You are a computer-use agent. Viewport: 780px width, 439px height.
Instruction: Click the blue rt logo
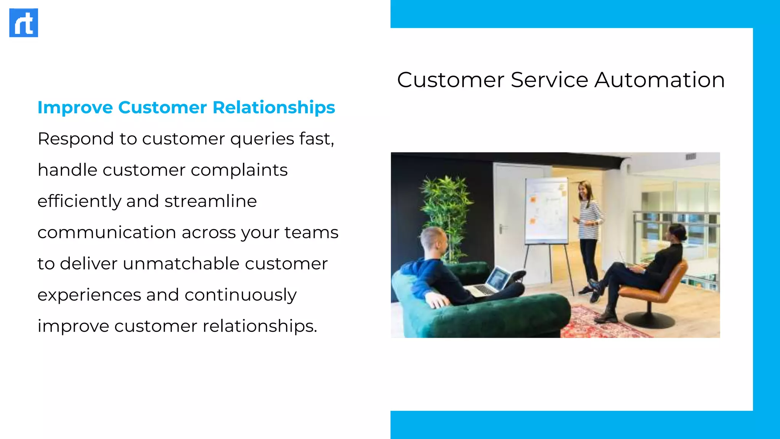point(24,23)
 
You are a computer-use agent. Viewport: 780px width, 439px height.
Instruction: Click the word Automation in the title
point(659,80)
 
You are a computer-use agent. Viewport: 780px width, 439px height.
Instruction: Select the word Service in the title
point(549,80)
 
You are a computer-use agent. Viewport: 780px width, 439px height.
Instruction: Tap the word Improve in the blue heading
point(75,107)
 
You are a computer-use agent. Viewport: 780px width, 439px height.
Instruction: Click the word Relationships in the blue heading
point(273,107)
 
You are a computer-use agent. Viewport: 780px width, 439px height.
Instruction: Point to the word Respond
point(75,139)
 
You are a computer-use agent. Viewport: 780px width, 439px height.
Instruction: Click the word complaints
point(239,170)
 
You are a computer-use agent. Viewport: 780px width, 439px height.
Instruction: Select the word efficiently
point(79,201)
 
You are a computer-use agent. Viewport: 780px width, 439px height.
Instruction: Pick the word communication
point(107,232)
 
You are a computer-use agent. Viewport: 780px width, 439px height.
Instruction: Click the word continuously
point(240,295)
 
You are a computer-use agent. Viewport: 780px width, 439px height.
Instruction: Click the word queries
point(262,139)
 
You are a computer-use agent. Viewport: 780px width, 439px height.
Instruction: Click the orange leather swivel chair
point(659,290)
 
